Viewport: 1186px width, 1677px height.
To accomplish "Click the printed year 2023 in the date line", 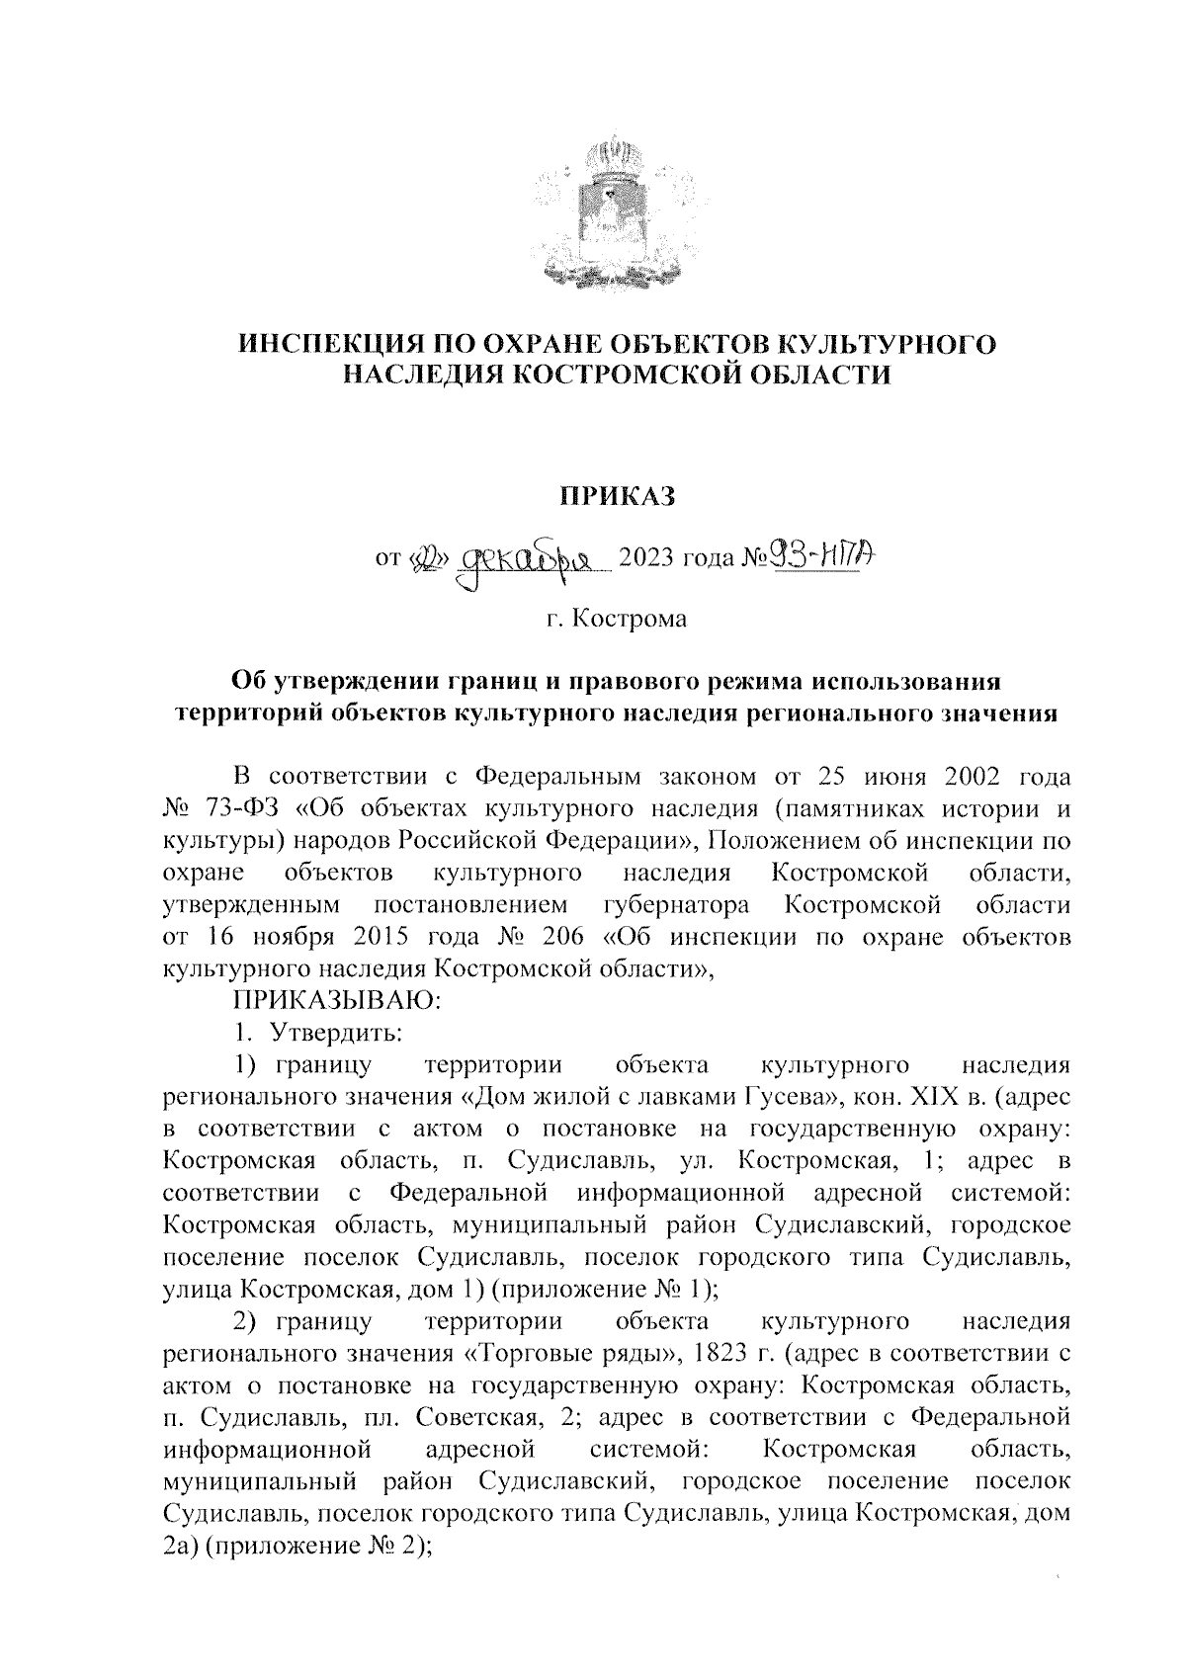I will pyautogui.click(x=644, y=560).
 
